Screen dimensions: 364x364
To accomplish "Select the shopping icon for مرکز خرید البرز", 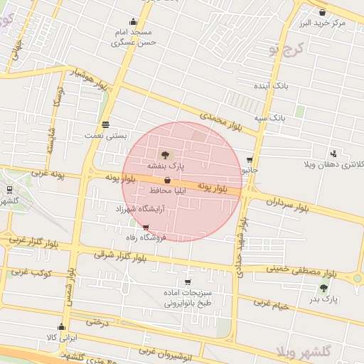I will tap(322, 12).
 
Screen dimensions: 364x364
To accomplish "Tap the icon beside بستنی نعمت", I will tap(106, 124).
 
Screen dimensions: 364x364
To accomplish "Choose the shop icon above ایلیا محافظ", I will tap(166, 181).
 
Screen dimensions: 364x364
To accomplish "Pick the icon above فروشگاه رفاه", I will tap(146, 228).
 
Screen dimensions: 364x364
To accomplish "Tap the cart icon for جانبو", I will tap(249, 160).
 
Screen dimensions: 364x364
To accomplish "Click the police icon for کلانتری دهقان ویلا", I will tap(333, 154).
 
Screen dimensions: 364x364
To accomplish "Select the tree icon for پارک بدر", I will tap(323, 288).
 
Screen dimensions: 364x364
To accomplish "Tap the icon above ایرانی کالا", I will tap(61, 328).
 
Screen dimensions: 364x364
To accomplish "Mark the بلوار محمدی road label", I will tap(221, 120).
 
